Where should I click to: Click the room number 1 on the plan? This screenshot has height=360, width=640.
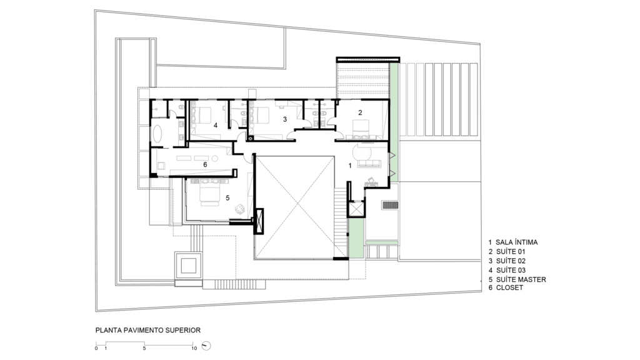point(350,166)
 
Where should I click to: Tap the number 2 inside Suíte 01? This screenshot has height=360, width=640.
point(360,112)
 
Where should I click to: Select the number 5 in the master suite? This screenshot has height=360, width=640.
point(227,198)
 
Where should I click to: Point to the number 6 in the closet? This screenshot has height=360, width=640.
point(205,164)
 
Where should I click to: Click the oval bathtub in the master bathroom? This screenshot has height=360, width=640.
point(157,134)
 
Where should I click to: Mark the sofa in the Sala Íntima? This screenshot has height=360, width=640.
point(369,164)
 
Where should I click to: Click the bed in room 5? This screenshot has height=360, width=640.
point(210,191)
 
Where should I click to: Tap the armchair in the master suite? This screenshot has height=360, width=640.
point(239,209)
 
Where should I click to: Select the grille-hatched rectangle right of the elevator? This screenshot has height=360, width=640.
point(390,205)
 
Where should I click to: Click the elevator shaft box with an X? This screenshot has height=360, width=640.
point(356,209)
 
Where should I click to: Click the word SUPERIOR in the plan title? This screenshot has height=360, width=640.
point(183,330)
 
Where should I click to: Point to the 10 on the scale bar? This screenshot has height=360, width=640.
point(194,348)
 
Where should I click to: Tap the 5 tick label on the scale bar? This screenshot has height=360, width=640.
point(144,348)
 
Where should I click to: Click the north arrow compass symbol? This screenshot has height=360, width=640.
point(206,346)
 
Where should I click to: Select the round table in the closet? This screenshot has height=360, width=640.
point(214,158)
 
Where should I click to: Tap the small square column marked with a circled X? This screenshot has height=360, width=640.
point(251,138)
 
